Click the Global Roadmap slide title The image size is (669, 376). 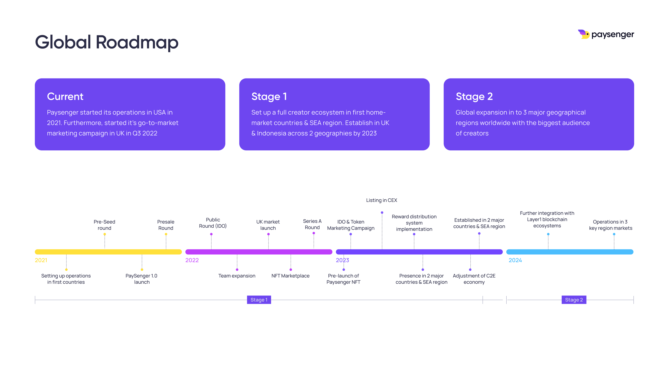point(107,42)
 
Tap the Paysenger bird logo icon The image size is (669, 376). point(584,34)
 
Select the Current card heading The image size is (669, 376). point(65,97)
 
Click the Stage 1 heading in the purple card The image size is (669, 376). point(269,97)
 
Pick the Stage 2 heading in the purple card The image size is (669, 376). point(474,97)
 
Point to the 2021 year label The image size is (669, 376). point(41,260)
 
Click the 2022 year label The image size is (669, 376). point(192,260)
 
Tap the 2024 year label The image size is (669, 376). point(515,260)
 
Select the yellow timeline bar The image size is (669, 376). point(108,252)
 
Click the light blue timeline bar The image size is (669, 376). point(570,252)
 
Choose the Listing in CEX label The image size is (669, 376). point(381,200)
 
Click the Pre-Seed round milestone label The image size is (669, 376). point(104,225)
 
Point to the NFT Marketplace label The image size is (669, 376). point(290,276)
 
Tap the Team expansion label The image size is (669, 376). point(237,276)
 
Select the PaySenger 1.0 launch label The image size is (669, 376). point(141,279)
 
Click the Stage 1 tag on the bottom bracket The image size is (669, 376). point(259,300)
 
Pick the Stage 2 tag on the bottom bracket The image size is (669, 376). point(574,300)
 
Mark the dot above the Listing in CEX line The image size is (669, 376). point(382,213)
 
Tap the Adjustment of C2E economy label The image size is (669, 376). point(474,279)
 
